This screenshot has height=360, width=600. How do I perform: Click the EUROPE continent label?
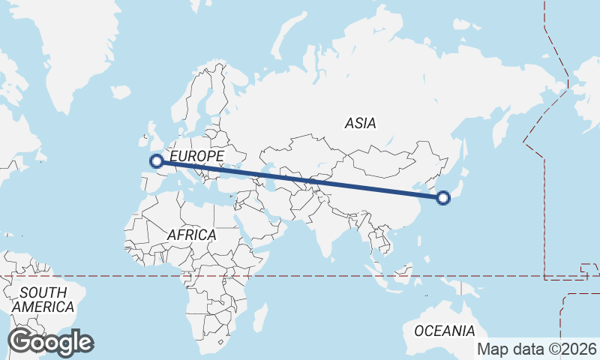196,156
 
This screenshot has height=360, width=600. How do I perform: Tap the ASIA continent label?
361,123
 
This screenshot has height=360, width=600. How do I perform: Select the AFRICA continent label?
191,235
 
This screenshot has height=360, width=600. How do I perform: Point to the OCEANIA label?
445,331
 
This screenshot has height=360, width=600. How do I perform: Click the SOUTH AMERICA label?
43,299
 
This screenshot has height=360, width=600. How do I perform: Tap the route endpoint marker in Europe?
157,160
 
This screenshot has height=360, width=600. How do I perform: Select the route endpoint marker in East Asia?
443,198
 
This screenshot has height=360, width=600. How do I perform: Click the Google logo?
51,342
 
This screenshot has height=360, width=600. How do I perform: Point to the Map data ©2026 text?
538,349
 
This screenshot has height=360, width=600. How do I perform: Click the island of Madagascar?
259,316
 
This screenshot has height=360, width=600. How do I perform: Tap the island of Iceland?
120,91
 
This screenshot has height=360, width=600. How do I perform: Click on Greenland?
82,45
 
